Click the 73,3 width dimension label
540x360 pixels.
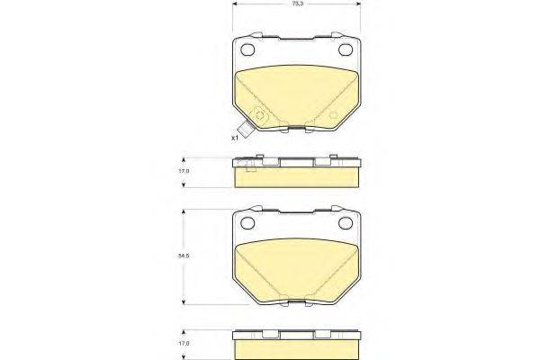(296, 5)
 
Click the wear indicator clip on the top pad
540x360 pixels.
(261, 118)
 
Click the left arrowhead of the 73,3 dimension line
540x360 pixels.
(235, 5)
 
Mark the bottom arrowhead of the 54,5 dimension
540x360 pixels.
(184, 303)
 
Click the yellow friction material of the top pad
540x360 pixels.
(297, 94)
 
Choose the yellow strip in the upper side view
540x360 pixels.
(297, 178)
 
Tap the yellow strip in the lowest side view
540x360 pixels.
(297, 348)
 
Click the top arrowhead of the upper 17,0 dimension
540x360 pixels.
(184, 159)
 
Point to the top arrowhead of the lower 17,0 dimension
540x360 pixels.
(184, 330)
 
